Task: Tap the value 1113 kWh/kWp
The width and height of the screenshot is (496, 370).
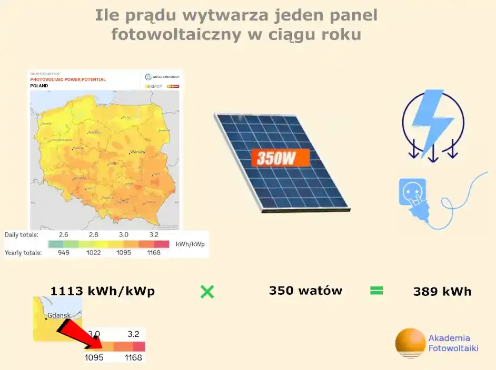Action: [x=102, y=291]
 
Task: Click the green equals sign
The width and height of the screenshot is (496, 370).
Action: [x=376, y=291]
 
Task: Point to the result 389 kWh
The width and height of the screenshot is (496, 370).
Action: [x=442, y=291]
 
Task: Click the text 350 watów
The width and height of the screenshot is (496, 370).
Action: [x=305, y=291]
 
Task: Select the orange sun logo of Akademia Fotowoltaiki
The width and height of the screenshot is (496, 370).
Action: [x=410, y=343]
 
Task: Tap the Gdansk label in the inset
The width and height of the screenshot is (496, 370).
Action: [x=58, y=316]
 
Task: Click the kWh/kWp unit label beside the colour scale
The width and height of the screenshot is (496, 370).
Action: [x=190, y=244]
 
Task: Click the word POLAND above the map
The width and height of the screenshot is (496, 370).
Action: [x=39, y=86]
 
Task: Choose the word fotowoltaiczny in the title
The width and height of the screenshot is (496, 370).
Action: [x=177, y=35]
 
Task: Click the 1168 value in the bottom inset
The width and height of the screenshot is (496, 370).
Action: [x=134, y=357]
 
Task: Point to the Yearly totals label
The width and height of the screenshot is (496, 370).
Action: [x=23, y=253]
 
